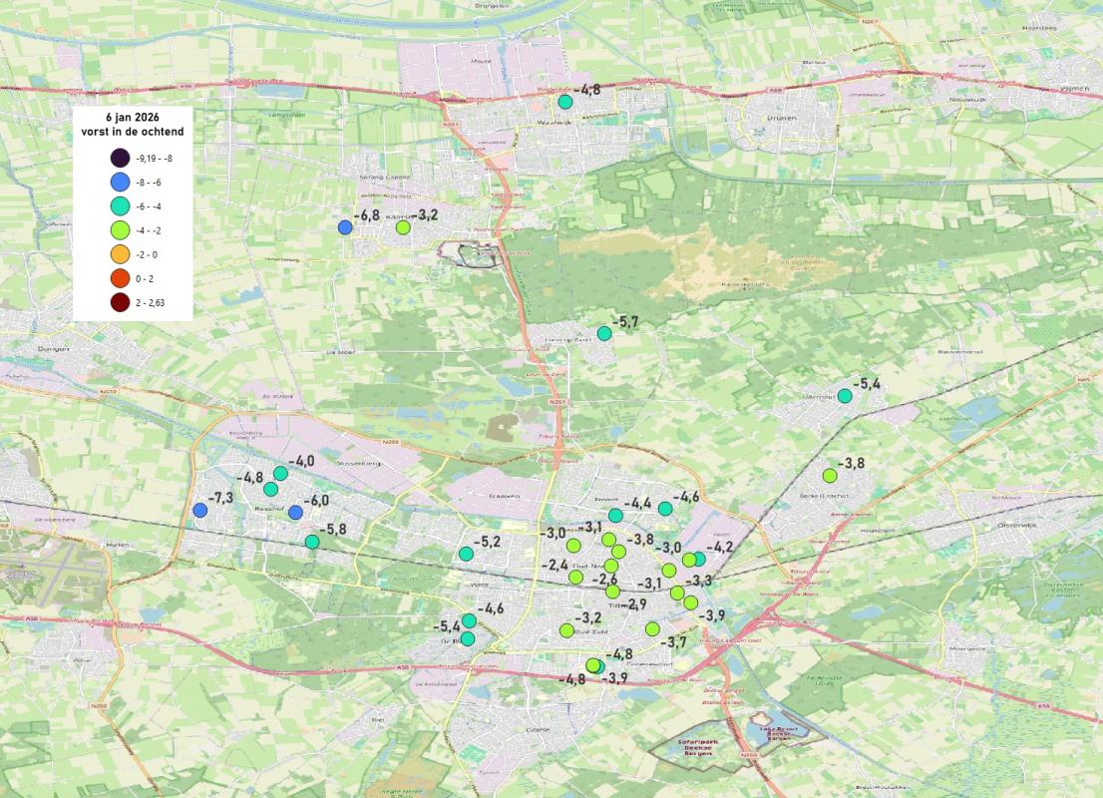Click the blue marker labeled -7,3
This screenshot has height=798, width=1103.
[x=199, y=511]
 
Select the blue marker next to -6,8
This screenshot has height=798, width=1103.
[x=345, y=227]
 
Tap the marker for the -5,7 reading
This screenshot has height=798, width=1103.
[x=603, y=333]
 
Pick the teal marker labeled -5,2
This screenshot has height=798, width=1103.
[x=466, y=554]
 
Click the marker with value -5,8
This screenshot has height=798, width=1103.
[x=312, y=542]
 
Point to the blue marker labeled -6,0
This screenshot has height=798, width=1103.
[x=295, y=512]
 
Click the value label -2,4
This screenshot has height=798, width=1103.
[x=554, y=565]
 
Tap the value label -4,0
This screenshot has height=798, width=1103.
[x=301, y=461]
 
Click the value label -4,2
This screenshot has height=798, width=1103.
[x=720, y=547]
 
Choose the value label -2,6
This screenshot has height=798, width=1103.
[x=604, y=580]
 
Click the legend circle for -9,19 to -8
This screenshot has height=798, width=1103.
[x=121, y=158]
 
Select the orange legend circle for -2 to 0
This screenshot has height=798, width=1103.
[x=121, y=254]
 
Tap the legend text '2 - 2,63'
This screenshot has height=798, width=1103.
[x=154, y=302]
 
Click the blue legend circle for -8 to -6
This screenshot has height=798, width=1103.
[x=121, y=182]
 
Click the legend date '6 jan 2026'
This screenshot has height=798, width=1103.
[x=132, y=117]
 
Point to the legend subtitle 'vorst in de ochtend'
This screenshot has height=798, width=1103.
[x=132, y=132]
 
